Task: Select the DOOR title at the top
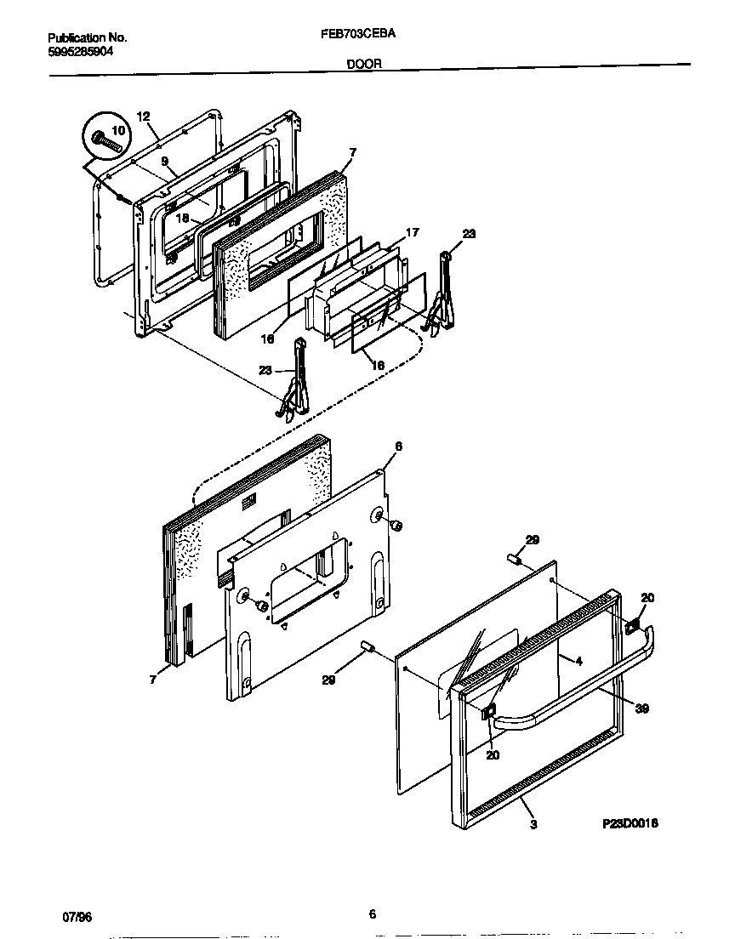[364, 63]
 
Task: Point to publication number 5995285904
[81, 50]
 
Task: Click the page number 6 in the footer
[372, 914]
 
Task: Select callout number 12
[143, 117]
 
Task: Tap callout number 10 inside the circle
[117, 130]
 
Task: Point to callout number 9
[165, 160]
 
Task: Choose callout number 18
[183, 218]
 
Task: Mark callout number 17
[412, 231]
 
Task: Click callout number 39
[642, 709]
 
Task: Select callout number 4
[578, 660]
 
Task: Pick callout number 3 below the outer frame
[533, 823]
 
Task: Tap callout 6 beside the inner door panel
[398, 447]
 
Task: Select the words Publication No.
[87, 37]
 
